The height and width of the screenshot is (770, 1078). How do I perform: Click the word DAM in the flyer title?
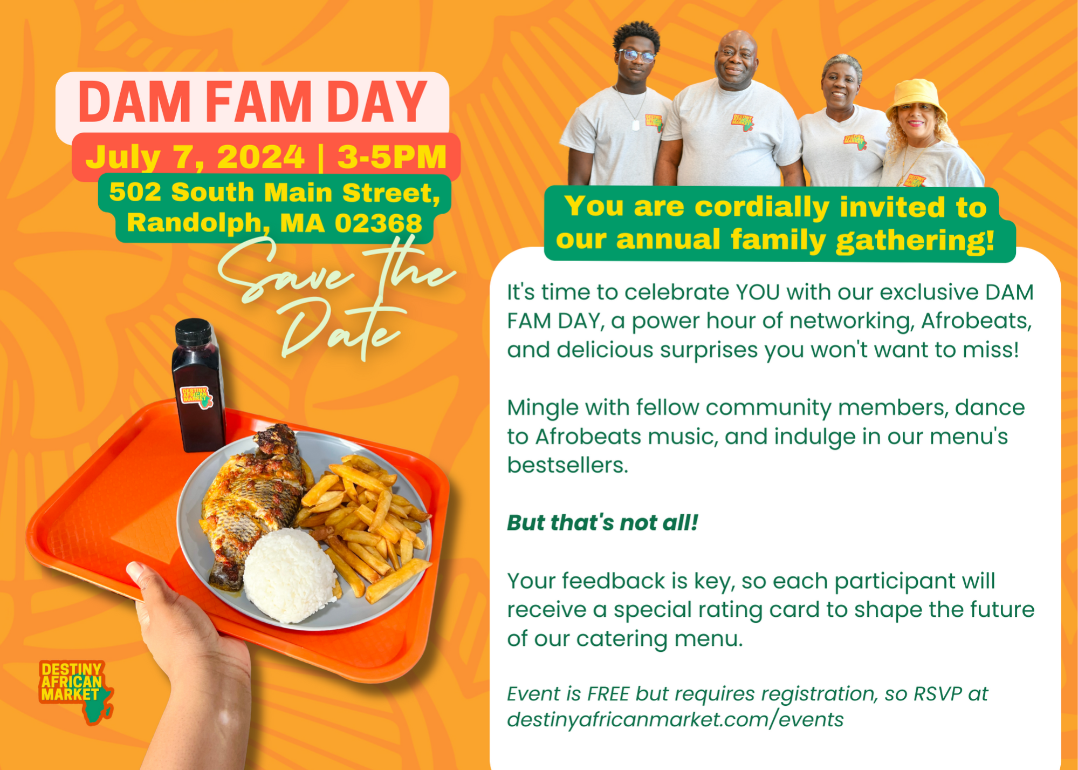pos(134,102)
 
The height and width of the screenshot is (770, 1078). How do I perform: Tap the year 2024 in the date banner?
pos(260,157)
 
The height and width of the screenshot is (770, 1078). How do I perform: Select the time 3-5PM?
pos(392,157)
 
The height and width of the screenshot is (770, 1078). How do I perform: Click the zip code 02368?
pos(378,223)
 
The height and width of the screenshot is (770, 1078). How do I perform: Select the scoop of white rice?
pos(289,575)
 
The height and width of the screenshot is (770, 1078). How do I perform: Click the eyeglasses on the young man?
pos(637,56)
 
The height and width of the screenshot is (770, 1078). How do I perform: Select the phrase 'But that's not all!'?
pos(602,522)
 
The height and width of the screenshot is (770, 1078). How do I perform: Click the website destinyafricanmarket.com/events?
pos(675,720)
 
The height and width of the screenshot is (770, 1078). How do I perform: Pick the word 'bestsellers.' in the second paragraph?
pos(567,465)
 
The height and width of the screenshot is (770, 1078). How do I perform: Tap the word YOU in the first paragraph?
pos(758,292)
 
